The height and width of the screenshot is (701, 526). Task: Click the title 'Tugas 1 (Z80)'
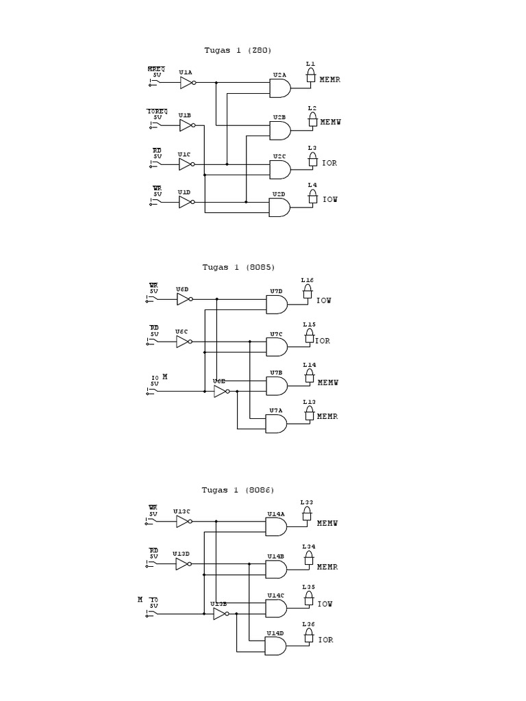[233, 50]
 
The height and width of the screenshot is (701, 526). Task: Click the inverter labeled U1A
[187, 83]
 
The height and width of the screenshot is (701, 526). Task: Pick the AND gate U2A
[279, 88]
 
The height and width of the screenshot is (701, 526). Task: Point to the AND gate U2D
[279, 207]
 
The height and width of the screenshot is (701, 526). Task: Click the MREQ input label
[155, 69]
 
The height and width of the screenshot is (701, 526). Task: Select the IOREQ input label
[157, 111]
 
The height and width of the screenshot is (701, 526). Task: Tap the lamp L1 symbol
[311, 75]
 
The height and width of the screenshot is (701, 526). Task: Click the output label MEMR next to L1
[331, 79]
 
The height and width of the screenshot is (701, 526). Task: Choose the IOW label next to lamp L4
[330, 200]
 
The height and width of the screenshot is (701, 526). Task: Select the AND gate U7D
[276, 305]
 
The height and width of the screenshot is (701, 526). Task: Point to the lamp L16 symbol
[308, 292]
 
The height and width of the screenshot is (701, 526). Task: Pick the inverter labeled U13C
[183, 522]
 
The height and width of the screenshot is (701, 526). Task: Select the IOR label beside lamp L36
[326, 640]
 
